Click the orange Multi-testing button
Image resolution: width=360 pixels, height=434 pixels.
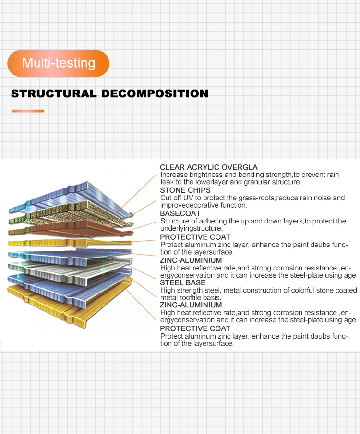point(58,63)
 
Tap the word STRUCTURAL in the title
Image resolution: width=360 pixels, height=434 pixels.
point(54,94)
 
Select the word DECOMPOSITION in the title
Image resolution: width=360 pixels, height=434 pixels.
point(155,94)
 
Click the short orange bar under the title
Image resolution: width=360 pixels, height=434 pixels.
point(28,111)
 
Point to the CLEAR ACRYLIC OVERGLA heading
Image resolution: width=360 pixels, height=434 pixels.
point(209,167)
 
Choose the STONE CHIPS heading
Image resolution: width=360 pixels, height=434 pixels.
point(185,190)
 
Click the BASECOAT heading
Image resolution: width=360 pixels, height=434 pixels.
point(180,213)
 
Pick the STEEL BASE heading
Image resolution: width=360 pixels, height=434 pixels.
point(182,282)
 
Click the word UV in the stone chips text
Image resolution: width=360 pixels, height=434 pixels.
point(188,198)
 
